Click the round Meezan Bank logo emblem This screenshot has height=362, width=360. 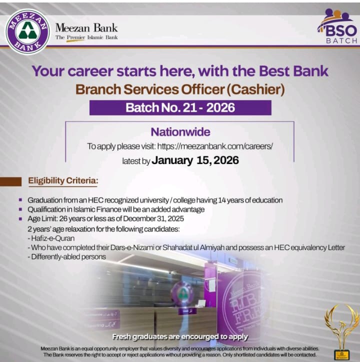27,31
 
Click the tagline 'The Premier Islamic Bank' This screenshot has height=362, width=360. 86,37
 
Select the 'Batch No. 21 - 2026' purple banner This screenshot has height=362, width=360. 180,107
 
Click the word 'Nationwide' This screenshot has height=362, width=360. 180,132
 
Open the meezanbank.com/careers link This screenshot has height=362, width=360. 215,146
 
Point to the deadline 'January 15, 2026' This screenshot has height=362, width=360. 195,160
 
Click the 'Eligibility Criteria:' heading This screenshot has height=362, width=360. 63,180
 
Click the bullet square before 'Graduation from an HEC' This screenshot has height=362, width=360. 20,200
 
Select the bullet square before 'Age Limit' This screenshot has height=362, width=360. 20,219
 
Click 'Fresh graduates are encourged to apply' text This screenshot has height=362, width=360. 180,336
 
